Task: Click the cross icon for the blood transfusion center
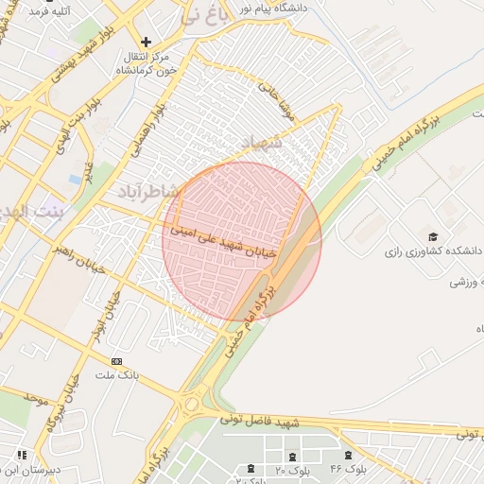point(146,43)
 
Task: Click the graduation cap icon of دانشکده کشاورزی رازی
point(433,236)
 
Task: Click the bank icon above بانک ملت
point(116,362)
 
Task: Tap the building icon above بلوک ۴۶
point(349,456)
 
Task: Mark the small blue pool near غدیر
point(76,179)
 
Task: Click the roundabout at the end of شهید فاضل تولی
point(193,404)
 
